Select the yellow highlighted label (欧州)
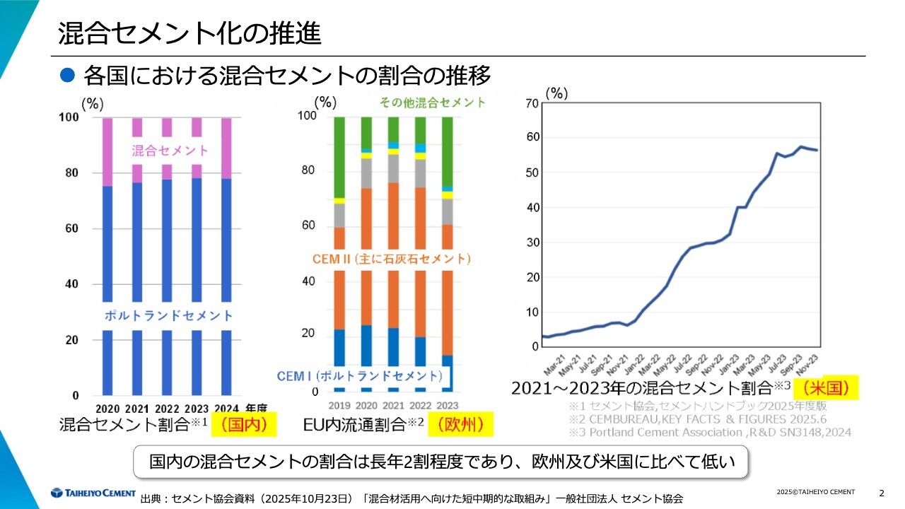tap(462, 425)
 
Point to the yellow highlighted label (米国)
tap(826, 388)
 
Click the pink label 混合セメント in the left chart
tap(170, 151)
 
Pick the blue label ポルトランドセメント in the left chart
tap(168, 315)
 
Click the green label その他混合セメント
tap(433, 103)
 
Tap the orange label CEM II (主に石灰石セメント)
tap(391, 259)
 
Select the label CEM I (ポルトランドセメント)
tap(360, 375)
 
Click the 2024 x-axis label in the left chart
tap(226, 409)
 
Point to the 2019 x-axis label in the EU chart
tap(339, 405)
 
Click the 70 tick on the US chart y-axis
tap(532, 103)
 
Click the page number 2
tap(881, 492)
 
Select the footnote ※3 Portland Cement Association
tap(710, 432)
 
